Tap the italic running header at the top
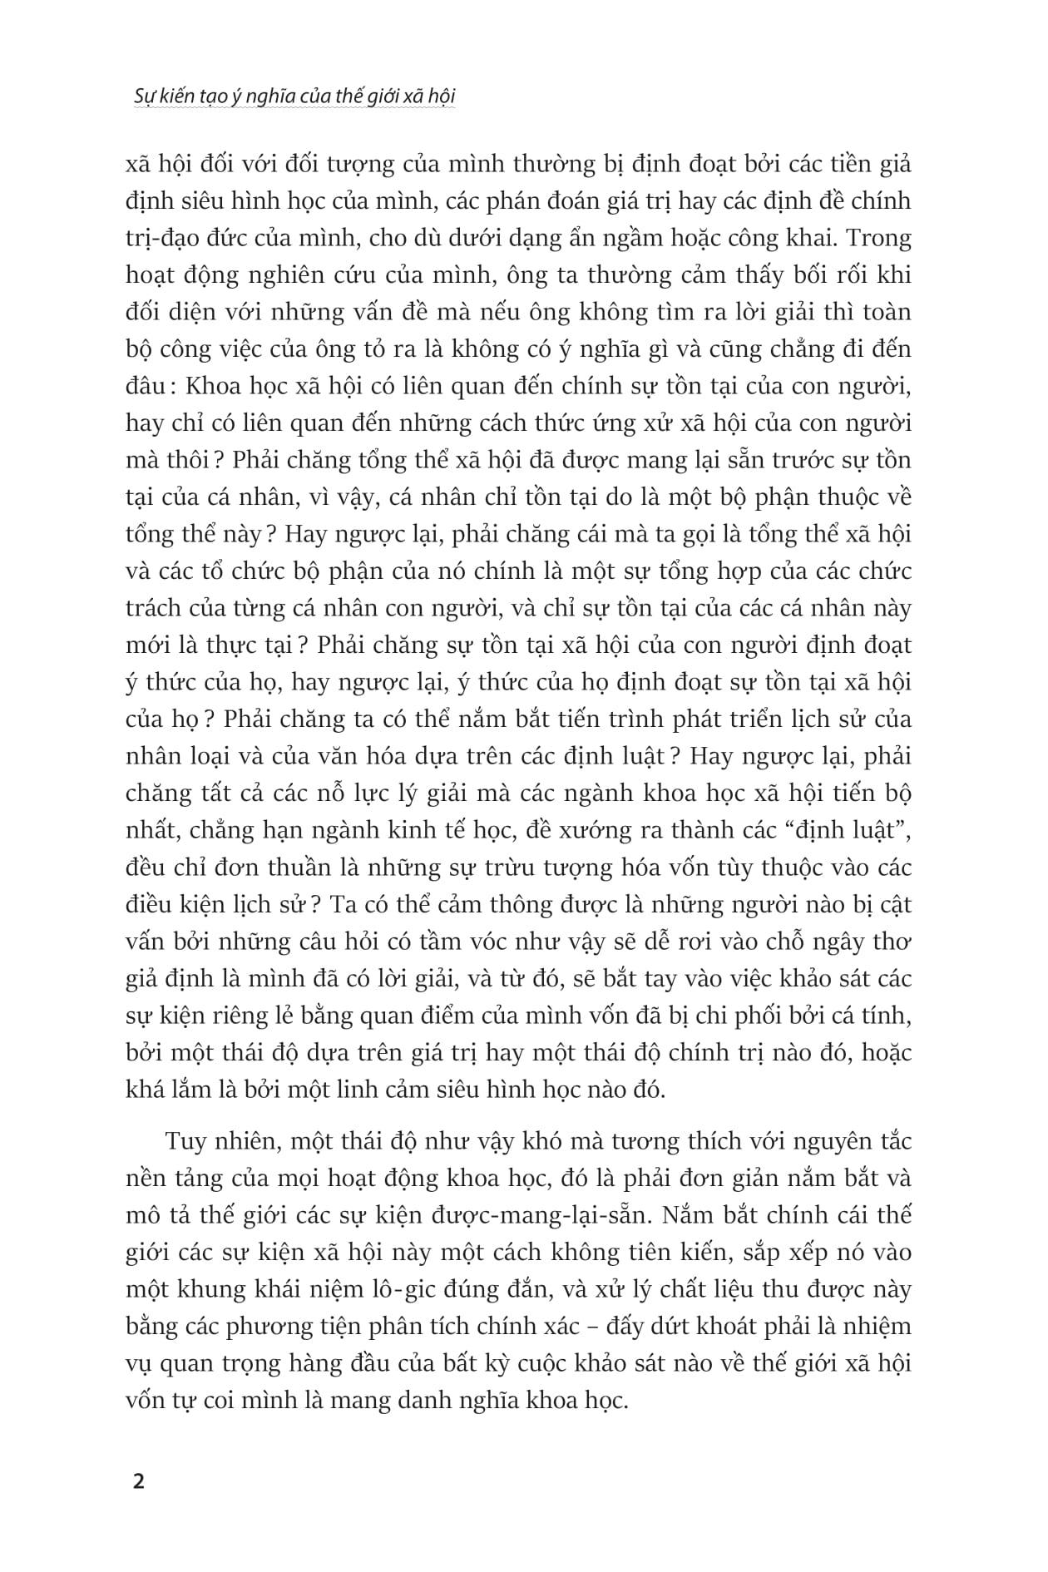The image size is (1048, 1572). point(295,96)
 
